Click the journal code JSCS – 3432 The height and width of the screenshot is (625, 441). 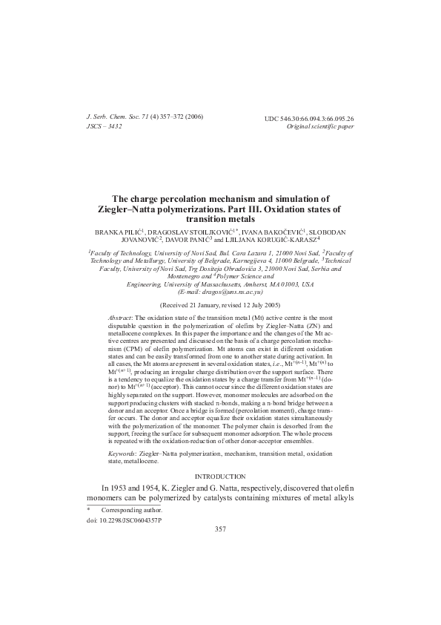click(x=105, y=126)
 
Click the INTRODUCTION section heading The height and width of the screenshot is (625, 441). click(x=220, y=475)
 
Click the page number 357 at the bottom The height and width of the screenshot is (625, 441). click(x=220, y=529)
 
